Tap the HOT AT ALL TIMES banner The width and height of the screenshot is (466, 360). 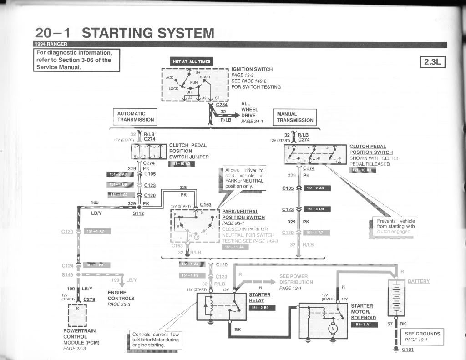point(191,61)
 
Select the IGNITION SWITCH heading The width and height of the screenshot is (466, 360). point(252,69)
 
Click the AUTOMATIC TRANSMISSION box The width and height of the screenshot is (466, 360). point(135,117)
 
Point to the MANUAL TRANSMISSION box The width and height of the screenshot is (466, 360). point(295,117)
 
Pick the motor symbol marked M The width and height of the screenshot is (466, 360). point(333,329)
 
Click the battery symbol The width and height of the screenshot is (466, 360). point(396,298)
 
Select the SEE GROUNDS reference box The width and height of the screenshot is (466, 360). point(422,336)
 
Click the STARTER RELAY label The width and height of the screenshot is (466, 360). point(260,298)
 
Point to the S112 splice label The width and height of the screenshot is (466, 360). point(138,213)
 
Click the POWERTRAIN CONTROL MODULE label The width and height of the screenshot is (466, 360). point(81,337)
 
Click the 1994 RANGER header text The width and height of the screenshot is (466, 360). point(50,44)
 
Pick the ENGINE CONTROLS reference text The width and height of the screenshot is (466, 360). point(121,296)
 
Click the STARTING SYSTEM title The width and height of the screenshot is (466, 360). point(148,33)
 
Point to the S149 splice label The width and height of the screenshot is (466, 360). point(67,275)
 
